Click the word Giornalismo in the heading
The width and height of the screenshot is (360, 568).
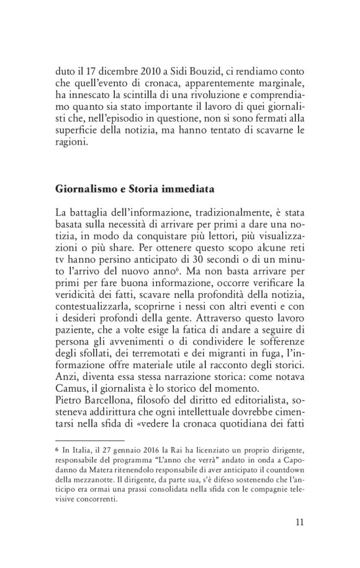click(86, 187)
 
